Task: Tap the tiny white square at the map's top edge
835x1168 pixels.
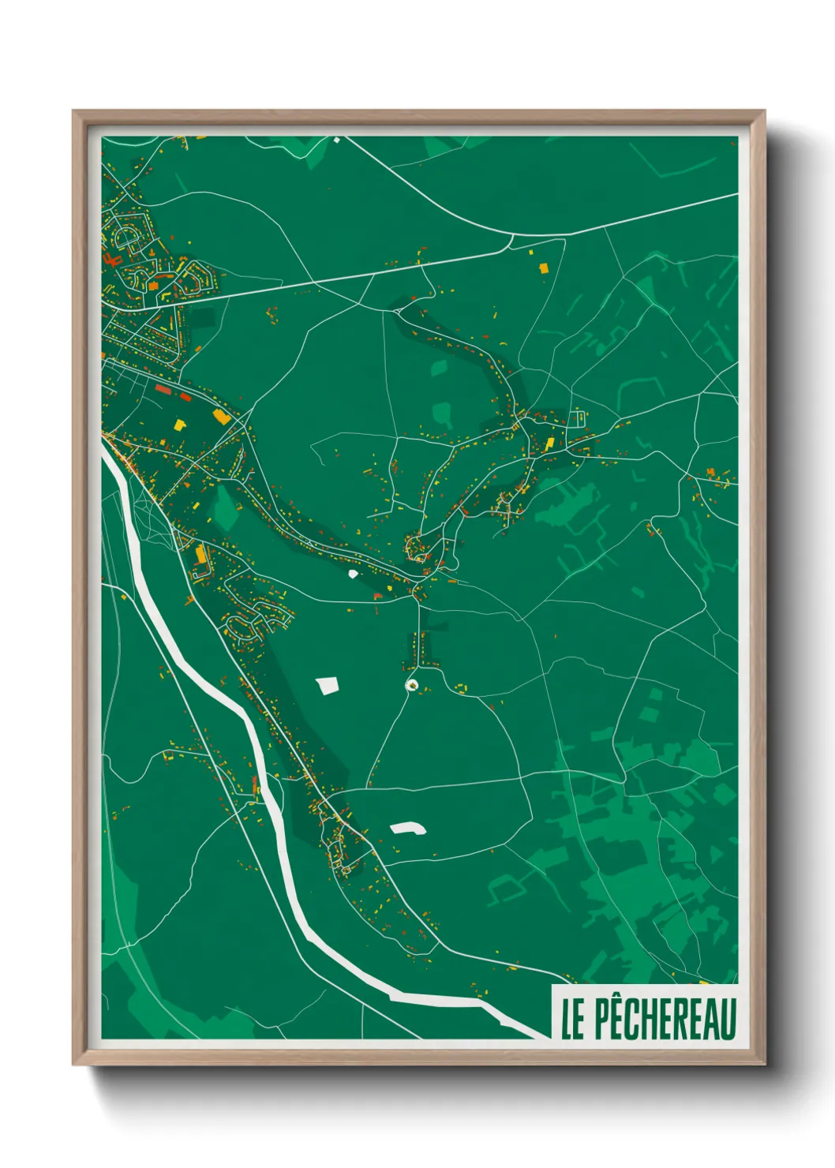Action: point(335,140)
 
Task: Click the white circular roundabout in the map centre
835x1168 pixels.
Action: point(411,684)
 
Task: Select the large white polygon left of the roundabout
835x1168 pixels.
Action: point(328,685)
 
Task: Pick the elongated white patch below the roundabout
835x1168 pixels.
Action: point(407,828)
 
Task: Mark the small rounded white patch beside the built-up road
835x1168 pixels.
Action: point(351,574)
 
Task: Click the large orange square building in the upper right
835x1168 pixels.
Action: point(543,268)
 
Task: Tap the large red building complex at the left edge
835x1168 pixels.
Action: point(110,258)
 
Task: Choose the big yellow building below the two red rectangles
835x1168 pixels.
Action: point(181,424)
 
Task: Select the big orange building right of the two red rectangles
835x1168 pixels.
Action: point(220,415)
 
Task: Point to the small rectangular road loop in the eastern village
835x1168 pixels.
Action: point(579,417)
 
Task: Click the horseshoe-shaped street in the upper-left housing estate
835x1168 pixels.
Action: point(126,235)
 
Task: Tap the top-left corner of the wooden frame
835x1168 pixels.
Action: point(74,112)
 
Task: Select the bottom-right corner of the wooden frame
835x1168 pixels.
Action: point(763,1063)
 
